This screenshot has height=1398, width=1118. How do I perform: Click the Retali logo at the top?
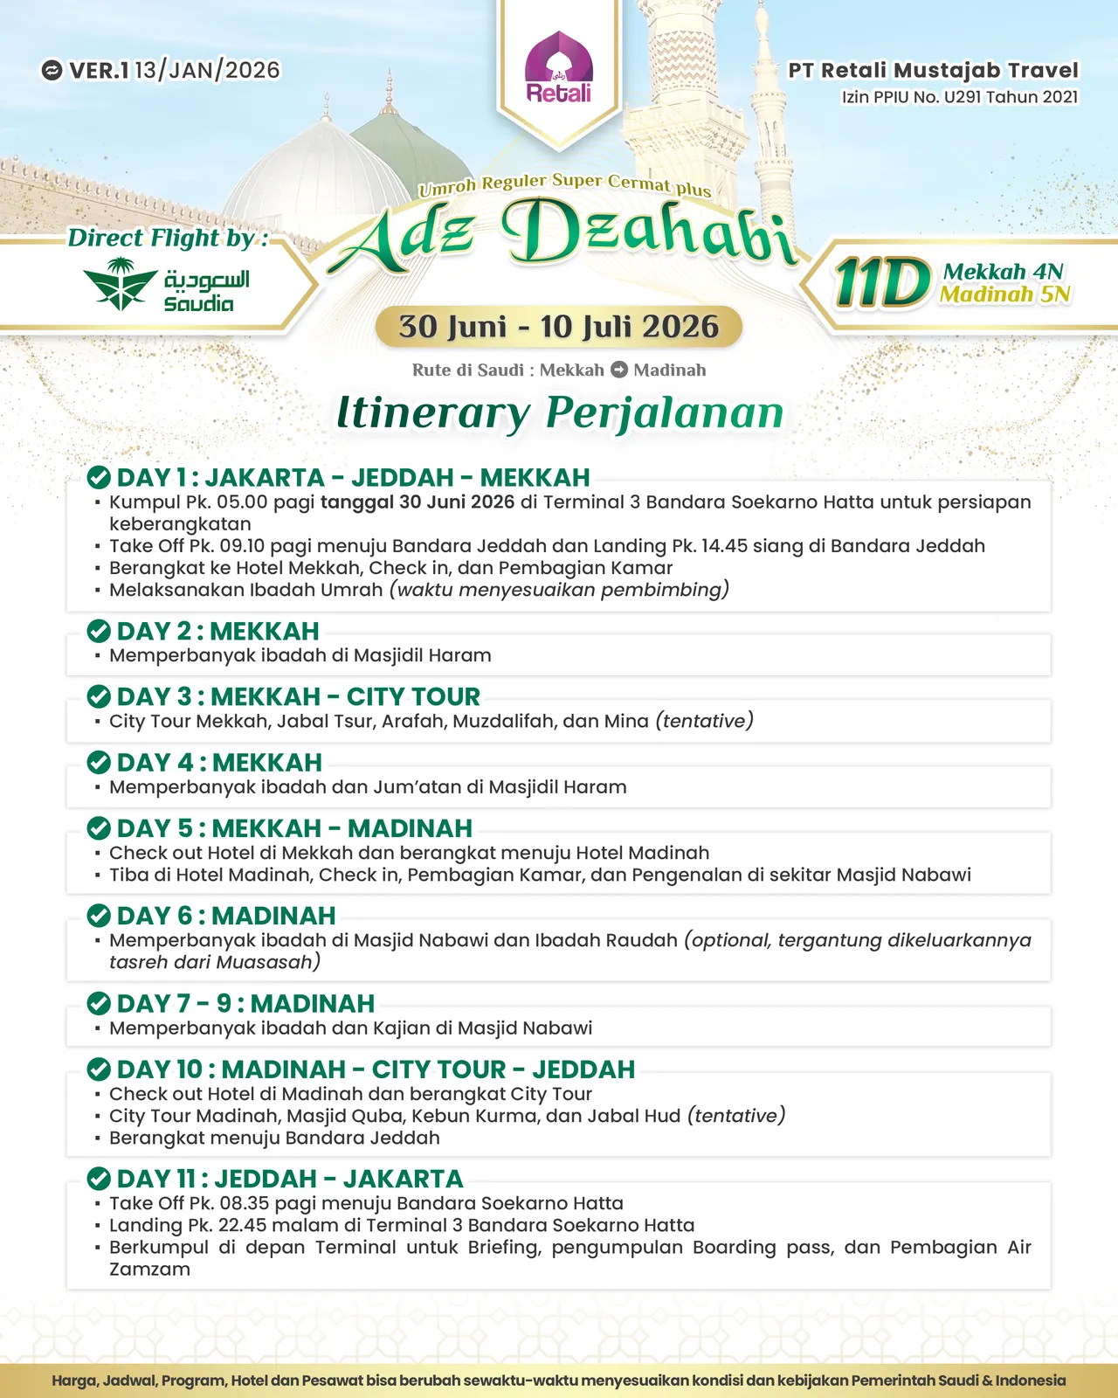(559, 70)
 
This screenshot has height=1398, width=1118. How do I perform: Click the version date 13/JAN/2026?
(207, 70)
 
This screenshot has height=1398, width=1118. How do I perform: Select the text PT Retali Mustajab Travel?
(933, 70)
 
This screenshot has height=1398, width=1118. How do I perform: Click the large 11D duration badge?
(882, 283)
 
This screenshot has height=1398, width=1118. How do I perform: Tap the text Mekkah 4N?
(1003, 272)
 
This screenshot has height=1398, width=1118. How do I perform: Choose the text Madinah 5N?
(1004, 294)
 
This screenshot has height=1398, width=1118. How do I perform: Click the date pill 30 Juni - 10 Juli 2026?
(558, 327)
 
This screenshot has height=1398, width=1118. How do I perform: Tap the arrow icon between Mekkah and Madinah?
(619, 370)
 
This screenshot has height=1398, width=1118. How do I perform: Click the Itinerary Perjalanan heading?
(559, 412)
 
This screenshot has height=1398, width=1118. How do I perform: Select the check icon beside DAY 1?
(99, 478)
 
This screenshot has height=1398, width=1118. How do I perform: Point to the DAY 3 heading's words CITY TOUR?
(413, 696)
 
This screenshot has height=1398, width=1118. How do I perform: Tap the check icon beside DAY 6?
(99, 916)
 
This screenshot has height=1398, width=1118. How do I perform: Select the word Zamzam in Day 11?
(149, 1270)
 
